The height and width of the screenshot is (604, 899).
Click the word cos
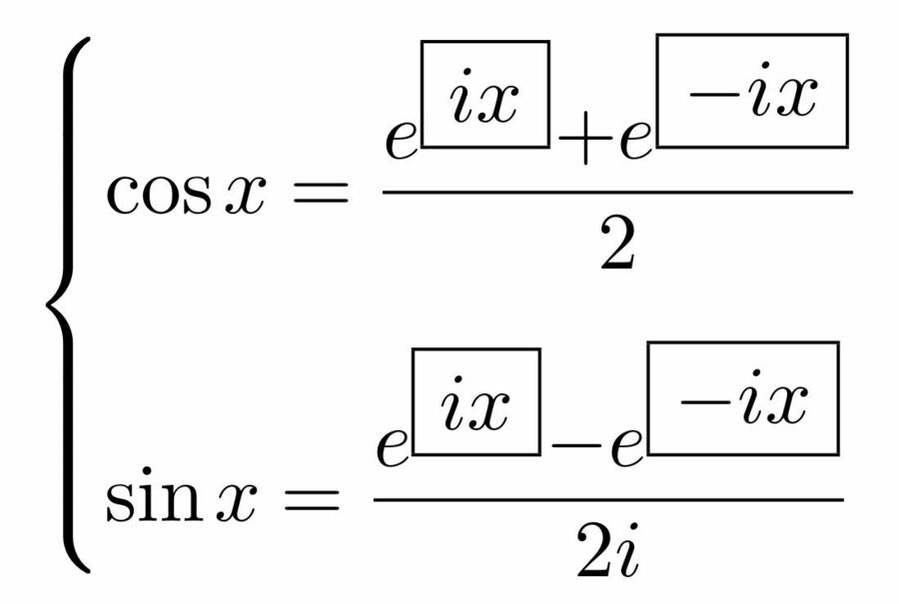tap(158, 195)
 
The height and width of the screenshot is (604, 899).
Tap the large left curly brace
tap(69, 304)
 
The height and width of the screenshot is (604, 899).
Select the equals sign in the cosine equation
tap(320, 192)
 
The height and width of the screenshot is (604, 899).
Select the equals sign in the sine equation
tap(312, 500)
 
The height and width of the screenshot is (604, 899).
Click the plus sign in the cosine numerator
tap(584, 138)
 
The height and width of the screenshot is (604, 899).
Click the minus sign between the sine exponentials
tap(576, 444)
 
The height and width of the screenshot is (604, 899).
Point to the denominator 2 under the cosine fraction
tap(617, 245)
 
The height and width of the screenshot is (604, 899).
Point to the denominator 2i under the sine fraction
tap(607, 549)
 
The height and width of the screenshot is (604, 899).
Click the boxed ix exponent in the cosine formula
tap(485, 95)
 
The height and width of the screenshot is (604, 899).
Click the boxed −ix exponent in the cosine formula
tap(752, 91)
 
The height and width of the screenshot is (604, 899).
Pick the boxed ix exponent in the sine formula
tap(476, 401)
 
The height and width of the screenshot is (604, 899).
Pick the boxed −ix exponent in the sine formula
tap(743, 399)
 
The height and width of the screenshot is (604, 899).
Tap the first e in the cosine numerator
tap(402, 140)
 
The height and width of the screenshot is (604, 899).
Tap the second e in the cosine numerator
tap(636, 140)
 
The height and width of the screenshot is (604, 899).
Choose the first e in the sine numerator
tap(393, 447)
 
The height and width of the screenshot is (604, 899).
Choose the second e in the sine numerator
tap(627, 447)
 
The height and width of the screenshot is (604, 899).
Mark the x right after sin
tap(237, 502)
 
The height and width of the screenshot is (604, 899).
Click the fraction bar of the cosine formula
tap(618, 192)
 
